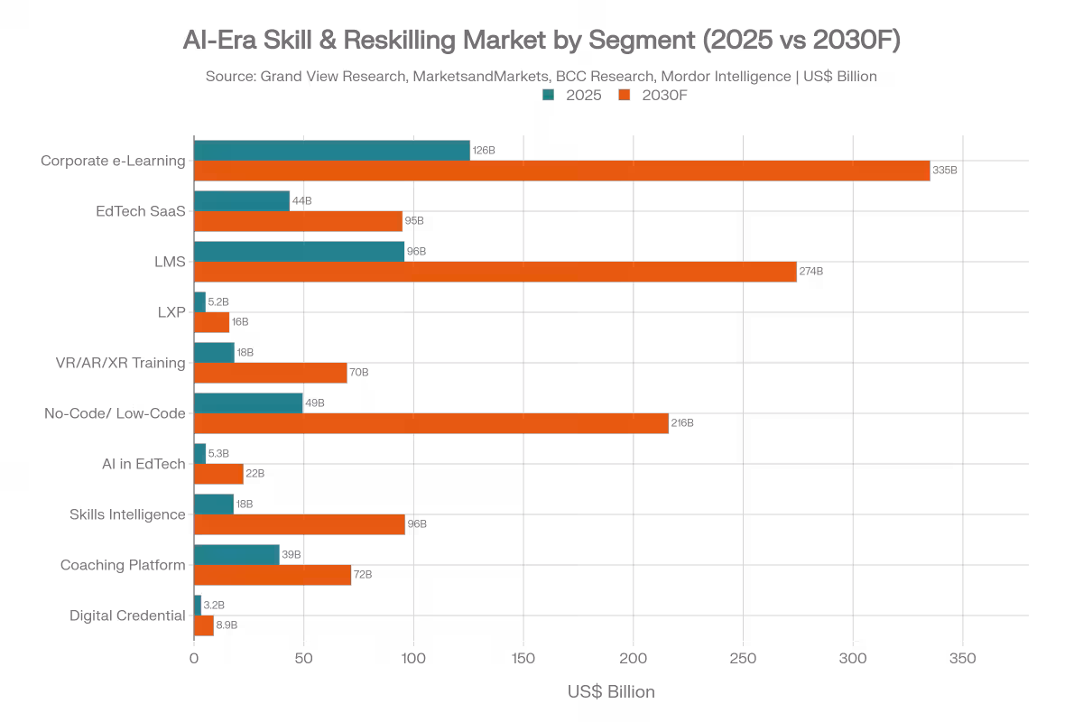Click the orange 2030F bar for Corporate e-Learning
pyautogui.click(x=561, y=171)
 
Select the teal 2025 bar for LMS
pyautogui.click(x=300, y=252)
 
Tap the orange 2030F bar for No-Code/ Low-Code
pyautogui.click(x=431, y=423)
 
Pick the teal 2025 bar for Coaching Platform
pyautogui.click(x=236, y=555)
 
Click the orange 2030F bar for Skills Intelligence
pyautogui.click(x=300, y=524)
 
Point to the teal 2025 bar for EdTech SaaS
pyautogui.click(x=242, y=201)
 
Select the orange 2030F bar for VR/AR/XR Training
pyautogui.click(x=271, y=373)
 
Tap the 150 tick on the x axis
pyautogui.click(x=523, y=660)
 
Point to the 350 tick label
pyautogui.click(x=963, y=660)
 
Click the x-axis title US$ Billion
pyautogui.click(x=611, y=692)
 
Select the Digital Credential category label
pyautogui.click(x=127, y=616)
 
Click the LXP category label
pyautogui.click(x=171, y=313)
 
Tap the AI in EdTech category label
pyautogui.click(x=143, y=465)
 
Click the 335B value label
pyautogui.click(x=944, y=171)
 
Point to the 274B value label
pyautogui.click(x=811, y=272)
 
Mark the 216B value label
pyautogui.click(x=683, y=423)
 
